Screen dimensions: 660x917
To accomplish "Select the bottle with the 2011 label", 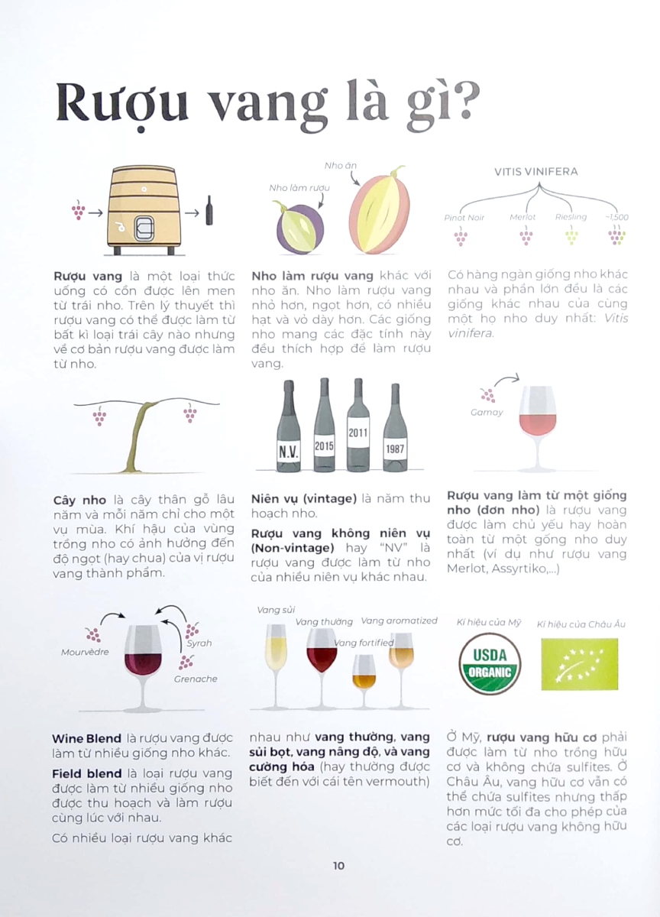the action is tap(358, 425).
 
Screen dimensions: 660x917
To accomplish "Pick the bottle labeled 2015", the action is tap(324, 425).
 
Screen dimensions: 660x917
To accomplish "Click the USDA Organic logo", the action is tap(490, 663).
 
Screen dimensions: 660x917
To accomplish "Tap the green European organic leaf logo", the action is tap(579, 664).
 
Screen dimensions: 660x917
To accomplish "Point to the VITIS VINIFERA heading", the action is tap(536, 171).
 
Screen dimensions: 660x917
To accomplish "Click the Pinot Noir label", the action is tap(464, 217).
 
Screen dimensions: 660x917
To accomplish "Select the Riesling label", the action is tap(571, 216).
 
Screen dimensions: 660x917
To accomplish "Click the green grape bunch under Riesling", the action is tap(571, 235).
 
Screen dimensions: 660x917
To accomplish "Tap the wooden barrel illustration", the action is tap(143, 210).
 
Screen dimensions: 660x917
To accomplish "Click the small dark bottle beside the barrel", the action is tap(209, 210).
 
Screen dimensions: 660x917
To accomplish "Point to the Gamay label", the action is tap(487, 412).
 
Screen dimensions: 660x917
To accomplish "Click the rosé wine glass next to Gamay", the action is tap(537, 428).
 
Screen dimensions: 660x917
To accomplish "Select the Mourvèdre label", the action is tap(85, 652).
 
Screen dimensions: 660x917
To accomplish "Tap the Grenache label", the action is tap(196, 679).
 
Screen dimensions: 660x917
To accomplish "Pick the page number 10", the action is tap(338, 865).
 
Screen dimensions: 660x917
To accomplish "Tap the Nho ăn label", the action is tap(341, 166).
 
